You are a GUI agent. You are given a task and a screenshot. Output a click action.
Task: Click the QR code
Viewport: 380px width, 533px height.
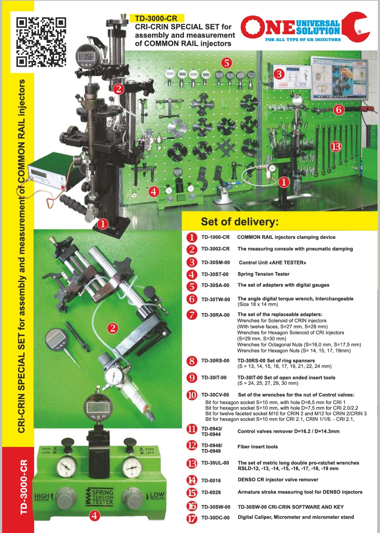point(41,42)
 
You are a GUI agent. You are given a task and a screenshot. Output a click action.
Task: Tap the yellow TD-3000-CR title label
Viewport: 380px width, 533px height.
point(156,18)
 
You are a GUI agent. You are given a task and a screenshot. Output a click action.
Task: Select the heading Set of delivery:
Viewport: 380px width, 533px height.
point(240,222)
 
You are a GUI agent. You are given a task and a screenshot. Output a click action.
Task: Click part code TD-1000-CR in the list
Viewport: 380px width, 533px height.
point(216,237)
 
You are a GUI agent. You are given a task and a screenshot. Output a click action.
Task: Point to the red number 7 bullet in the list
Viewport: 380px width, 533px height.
point(192,315)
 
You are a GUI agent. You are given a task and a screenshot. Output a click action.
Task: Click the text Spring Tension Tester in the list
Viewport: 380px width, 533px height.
point(264,274)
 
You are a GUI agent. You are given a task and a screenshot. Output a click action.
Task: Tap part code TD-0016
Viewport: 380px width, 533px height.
point(211,481)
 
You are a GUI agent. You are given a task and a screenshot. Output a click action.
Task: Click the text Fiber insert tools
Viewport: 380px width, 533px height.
point(258,447)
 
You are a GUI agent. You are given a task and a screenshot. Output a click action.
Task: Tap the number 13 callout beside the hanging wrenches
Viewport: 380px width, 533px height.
point(336,147)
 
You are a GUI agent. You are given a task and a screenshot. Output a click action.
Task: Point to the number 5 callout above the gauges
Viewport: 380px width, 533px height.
point(226,63)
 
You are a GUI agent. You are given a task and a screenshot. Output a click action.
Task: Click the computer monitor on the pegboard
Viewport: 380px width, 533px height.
point(339,78)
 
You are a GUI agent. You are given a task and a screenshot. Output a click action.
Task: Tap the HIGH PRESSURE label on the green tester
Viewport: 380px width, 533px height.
point(42,496)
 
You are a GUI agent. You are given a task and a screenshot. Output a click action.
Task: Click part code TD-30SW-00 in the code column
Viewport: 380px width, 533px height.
point(216,507)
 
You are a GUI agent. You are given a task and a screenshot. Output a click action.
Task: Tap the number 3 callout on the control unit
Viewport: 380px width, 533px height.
point(279,74)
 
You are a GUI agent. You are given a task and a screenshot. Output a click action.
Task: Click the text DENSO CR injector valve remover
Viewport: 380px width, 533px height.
point(278,480)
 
